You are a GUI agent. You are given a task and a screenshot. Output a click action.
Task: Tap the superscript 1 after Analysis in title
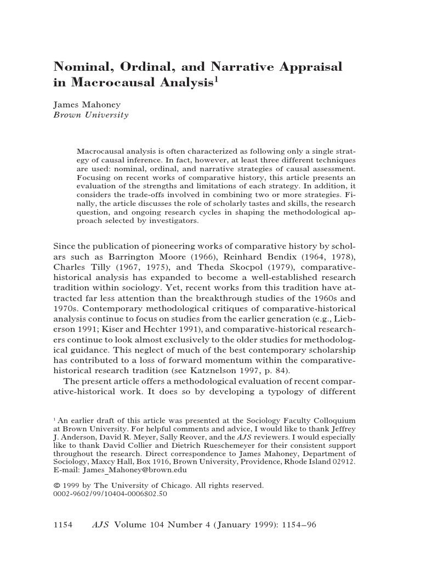pos(217,80)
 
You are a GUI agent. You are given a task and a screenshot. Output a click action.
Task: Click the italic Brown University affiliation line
pos(90,115)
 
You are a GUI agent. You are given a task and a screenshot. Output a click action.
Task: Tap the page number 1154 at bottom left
pos(63,525)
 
